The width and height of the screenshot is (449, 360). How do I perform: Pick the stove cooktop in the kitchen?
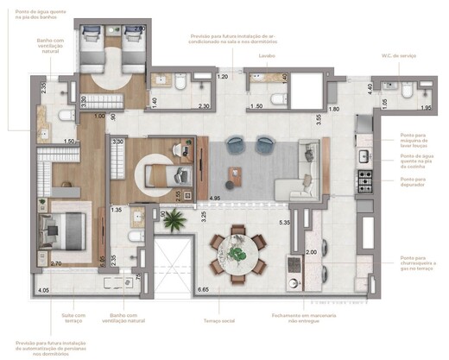tap(364, 182)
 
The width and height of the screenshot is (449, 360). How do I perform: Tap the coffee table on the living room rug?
tap(231, 176)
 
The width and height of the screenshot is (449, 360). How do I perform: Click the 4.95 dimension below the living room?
tap(216, 198)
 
